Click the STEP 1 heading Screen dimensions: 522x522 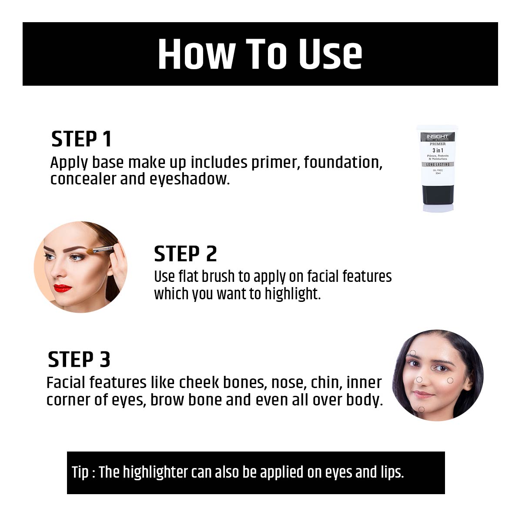click(81, 139)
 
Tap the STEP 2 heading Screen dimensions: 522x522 click(185, 254)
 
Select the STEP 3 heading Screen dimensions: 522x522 click(79, 360)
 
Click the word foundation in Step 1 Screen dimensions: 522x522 click(343, 162)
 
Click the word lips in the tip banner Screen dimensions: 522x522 click(391, 472)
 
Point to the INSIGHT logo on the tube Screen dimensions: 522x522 click(437, 137)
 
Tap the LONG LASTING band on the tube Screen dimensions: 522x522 click(437, 164)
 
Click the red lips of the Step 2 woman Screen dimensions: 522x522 click(62, 288)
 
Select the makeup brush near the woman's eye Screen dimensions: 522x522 click(99, 250)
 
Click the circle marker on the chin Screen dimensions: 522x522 click(421, 409)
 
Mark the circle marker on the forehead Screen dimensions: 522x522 click(413, 353)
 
